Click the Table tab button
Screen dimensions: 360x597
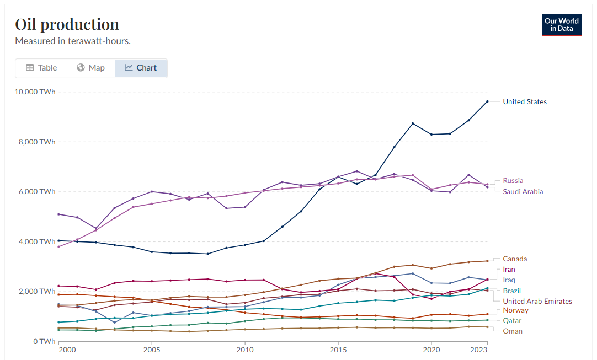[41, 68]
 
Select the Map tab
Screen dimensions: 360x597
[90, 68]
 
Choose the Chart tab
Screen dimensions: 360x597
[141, 68]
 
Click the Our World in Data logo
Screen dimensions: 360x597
[561, 25]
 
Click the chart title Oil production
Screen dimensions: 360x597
[67, 24]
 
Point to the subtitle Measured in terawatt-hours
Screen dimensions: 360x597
[72, 41]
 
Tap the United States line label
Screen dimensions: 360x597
[524, 101]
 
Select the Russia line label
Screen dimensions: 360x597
[513, 180]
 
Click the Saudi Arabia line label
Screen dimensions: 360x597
[523, 191]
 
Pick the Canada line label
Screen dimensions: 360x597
[514, 259]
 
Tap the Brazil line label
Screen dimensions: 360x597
[511, 291]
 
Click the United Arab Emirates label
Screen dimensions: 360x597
[537, 301]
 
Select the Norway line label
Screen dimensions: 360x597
[515, 310]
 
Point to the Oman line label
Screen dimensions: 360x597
[512, 331]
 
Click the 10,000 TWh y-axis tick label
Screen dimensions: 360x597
[35, 92]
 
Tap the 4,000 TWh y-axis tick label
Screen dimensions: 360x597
[36, 241]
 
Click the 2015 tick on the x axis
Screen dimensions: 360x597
[338, 350]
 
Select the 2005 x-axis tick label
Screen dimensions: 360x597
[152, 350]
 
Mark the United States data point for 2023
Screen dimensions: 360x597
[487, 101]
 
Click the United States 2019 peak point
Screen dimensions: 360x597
[413, 123]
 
